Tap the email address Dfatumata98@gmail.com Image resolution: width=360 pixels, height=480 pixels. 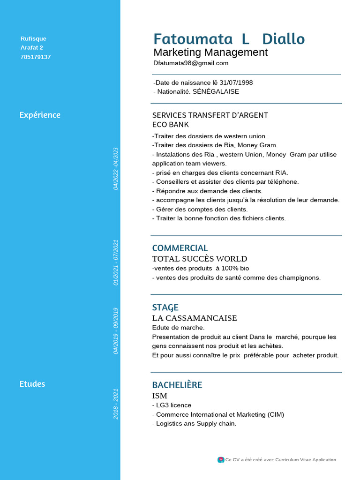click(191, 63)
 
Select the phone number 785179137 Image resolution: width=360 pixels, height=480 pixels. click(36, 57)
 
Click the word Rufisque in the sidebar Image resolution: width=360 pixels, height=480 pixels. click(33, 39)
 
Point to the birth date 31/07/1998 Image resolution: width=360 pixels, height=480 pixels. click(236, 82)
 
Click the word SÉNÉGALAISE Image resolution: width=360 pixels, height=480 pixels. click(216, 91)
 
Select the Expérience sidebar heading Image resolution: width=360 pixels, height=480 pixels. click(40, 115)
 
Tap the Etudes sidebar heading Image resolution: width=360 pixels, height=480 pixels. click(32, 384)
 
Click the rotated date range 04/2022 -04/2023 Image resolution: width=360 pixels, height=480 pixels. click(116, 169)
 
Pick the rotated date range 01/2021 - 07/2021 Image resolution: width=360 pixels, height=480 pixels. click(116, 262)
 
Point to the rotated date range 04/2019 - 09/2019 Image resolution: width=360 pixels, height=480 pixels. click(116, 330)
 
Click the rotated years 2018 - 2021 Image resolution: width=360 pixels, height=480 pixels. click(116, 404)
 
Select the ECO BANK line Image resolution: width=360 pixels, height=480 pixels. click(171, 125)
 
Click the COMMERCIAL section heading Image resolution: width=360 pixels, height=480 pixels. click(180, 248)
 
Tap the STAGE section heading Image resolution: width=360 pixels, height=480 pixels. click(165, 307)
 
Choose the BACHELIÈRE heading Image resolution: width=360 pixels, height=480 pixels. click(177, 385)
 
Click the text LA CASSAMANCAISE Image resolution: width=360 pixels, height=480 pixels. click(195, 318)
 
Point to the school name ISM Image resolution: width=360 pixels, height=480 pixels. click(160, 396)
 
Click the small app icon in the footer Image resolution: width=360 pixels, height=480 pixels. click(221, 460)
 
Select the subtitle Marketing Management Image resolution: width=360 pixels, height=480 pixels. click(210, 52)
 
